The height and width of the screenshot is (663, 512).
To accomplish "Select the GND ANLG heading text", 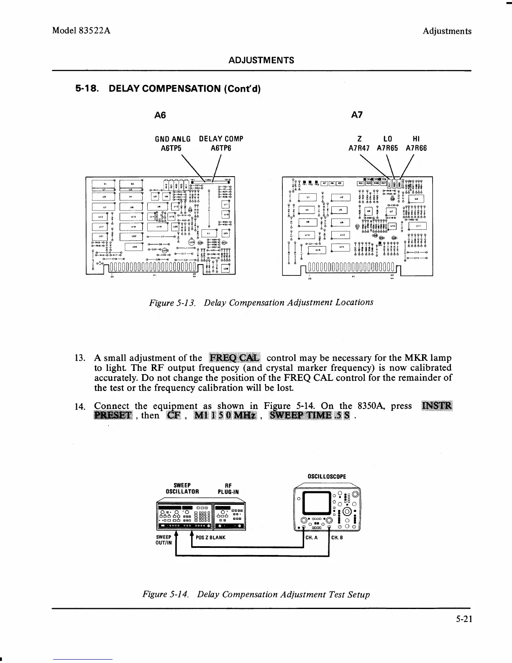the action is click(173, 139).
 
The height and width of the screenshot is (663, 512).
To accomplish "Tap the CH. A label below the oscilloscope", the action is click(312, 538).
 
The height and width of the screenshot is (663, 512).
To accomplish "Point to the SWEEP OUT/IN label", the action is click(164, 540).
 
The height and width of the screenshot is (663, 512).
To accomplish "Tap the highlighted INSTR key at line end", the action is click(437, 406).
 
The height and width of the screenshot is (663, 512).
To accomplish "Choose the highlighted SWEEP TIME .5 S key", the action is click(311, 415).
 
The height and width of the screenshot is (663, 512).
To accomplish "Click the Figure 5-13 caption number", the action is click(173, 303).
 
